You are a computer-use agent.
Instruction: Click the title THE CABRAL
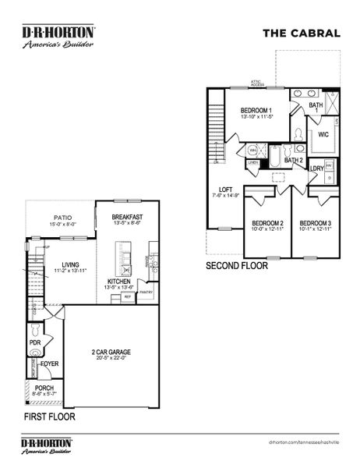301,33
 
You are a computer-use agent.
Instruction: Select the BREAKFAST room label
126,217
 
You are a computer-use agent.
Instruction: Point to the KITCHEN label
120,281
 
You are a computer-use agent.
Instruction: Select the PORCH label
44,388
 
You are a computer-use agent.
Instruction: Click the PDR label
34,342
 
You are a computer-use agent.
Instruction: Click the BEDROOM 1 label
256,110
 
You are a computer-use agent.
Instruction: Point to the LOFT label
226,190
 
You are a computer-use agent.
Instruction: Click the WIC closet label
323,134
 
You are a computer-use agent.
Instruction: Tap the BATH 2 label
294,161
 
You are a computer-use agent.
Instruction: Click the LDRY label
317,168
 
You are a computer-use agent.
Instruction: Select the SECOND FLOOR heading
237,266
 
